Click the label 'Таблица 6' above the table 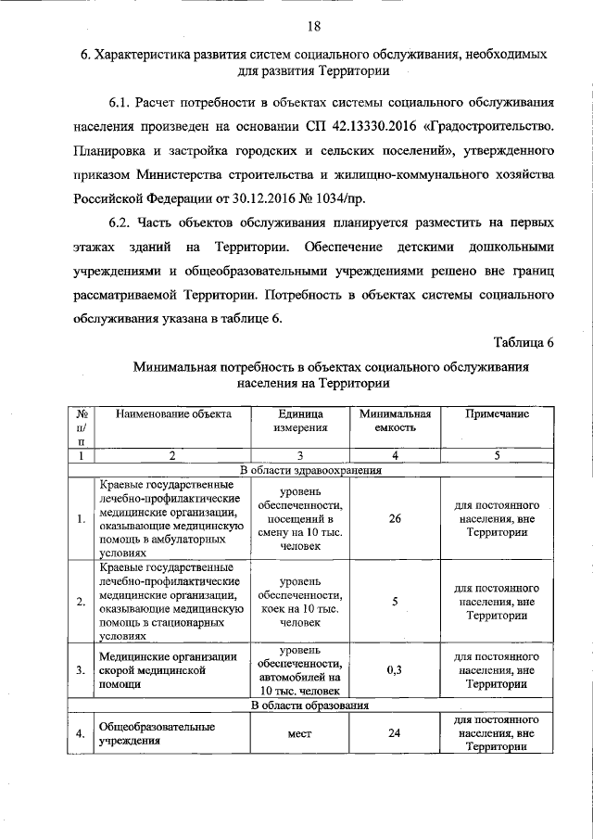523,342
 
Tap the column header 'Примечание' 497,414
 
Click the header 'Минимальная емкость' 395,422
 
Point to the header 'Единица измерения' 299,422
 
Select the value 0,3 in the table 395,669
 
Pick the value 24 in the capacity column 395,734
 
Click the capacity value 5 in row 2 395,602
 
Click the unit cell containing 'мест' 299,734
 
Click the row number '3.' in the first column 82,669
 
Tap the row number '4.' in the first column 82,734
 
